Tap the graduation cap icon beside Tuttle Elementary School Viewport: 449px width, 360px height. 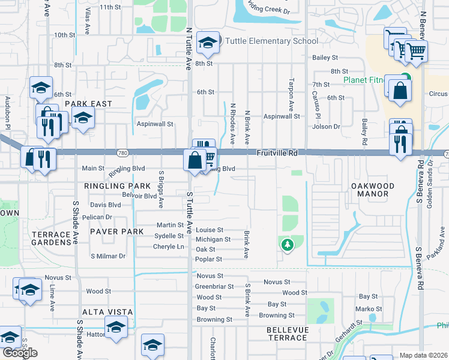pyautogui.click(x=208, y=42)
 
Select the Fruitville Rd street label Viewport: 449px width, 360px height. pyautogui.click(x=277, y=154)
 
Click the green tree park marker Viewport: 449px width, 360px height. pyautogui.click(x=288, y=245)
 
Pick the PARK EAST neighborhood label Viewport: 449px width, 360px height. pyautogui.click(x=88, y=104)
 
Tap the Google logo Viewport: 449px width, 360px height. pyautogui.click(x=20, y=353)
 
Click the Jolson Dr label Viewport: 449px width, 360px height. pyautogui.click(x=327, y=127)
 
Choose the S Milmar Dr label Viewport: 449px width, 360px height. pyautogui.click(x=108, y=256)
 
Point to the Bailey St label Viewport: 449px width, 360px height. pyautogui.click(x=325, y=58)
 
